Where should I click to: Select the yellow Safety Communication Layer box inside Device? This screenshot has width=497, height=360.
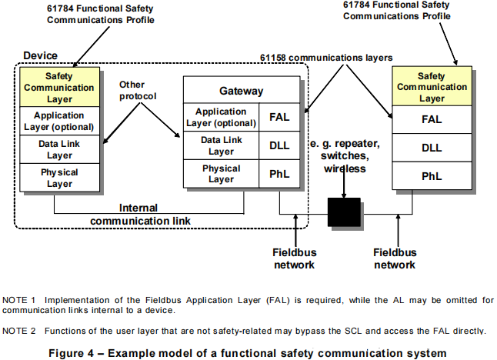click(59, 87)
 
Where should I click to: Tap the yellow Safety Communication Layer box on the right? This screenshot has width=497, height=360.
click(431, 87)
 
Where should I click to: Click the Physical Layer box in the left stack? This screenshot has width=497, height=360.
click(59, 178)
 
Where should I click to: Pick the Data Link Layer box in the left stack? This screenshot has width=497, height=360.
click(59, 149)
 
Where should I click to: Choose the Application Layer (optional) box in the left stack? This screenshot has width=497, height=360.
click(59, 121)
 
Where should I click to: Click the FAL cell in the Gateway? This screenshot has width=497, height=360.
click(279, 118)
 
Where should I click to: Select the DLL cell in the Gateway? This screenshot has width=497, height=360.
click(279, 146)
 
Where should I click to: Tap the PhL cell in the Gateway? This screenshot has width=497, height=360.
click(279, 174)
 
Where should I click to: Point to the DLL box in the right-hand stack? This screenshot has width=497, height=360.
click(431, 148)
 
